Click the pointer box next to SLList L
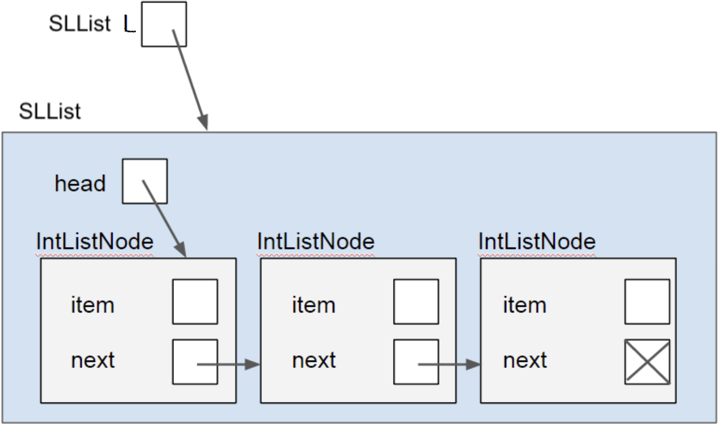click(163, 24)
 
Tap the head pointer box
click(145, 181)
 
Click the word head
click(80, 183)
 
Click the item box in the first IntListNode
click(194, 301)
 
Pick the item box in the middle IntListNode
click(416, 301)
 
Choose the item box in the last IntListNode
click(647, 301)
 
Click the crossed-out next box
click(647, 362)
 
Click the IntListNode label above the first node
click(94, 242)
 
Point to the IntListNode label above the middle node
click(315, 242)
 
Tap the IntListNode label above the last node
click(537, 242)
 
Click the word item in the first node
click(92, 305)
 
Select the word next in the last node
click(525, 360)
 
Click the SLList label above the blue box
click(50, 111)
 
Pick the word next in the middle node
click(314, 360)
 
